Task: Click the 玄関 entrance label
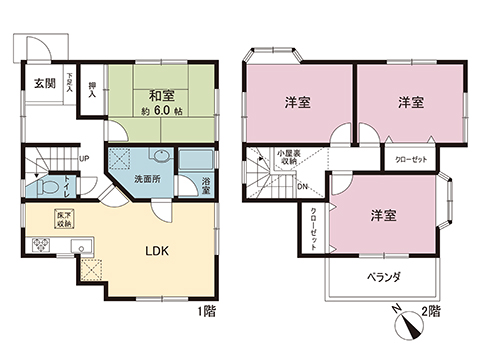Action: (43, 83)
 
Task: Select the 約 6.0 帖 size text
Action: (164, 113)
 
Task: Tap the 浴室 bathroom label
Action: (204, 186)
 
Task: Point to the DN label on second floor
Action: (302, 187)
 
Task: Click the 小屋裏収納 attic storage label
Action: (291, 157)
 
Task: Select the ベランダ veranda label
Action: (383, 276)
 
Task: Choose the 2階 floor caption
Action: (431, 312)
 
